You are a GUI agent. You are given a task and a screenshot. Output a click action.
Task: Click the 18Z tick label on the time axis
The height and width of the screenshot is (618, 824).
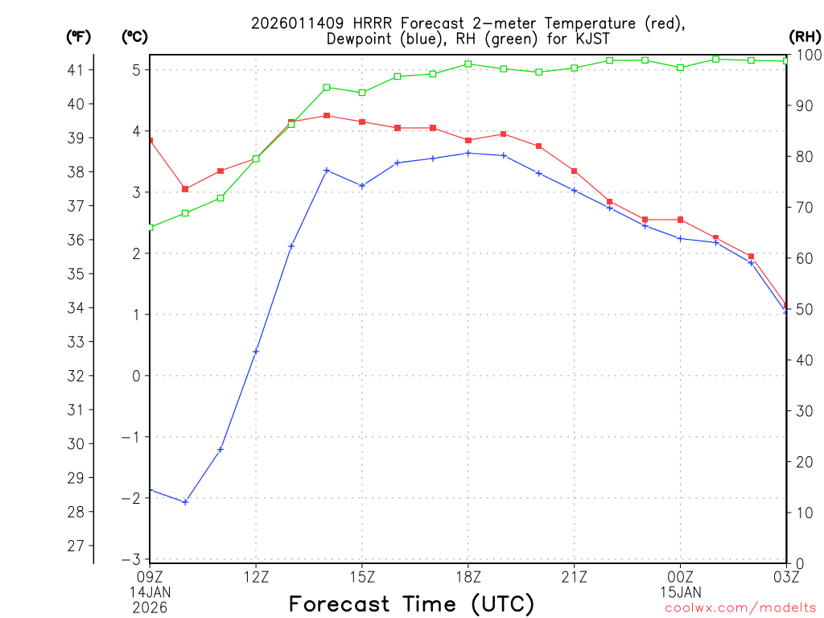click(468, 576)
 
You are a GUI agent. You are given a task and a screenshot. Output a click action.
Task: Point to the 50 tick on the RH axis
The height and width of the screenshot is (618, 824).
click(805, 310)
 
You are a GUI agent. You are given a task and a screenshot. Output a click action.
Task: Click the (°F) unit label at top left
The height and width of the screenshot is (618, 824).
click(79, 36)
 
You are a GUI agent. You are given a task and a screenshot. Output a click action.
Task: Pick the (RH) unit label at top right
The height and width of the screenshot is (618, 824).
click(805, 36)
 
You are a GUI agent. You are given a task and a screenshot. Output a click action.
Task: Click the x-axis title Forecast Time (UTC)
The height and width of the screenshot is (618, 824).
click(411, 604)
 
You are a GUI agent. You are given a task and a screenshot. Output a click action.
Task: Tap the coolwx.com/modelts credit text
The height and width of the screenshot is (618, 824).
click(740, 608)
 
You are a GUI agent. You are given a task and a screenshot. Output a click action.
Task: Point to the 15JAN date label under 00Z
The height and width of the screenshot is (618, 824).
click(681, 591)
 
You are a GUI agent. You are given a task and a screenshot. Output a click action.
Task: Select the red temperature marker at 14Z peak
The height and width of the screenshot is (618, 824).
click(327, 116)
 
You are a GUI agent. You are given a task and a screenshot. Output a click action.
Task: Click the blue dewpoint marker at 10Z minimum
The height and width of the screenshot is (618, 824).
click(185, 502)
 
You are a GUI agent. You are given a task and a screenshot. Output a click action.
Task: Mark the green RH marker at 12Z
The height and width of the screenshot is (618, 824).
click(256, 159)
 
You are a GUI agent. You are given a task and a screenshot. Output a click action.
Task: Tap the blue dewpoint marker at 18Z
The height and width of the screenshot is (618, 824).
click(468, 153)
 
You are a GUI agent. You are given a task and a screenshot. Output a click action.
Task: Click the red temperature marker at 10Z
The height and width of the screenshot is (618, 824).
click(185, 189)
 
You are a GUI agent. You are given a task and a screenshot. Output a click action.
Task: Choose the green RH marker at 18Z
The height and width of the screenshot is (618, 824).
click(468, 64)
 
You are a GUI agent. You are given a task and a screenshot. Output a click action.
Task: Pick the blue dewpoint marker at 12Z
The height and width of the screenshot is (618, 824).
click(256, 351)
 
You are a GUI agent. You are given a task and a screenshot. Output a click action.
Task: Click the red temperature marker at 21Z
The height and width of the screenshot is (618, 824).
click(575, 171)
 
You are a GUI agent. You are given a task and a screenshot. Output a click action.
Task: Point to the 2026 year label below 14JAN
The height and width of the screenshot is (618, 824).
click(150, 606)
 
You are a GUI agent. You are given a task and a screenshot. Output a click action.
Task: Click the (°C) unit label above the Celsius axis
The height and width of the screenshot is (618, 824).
click(135, 36)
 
